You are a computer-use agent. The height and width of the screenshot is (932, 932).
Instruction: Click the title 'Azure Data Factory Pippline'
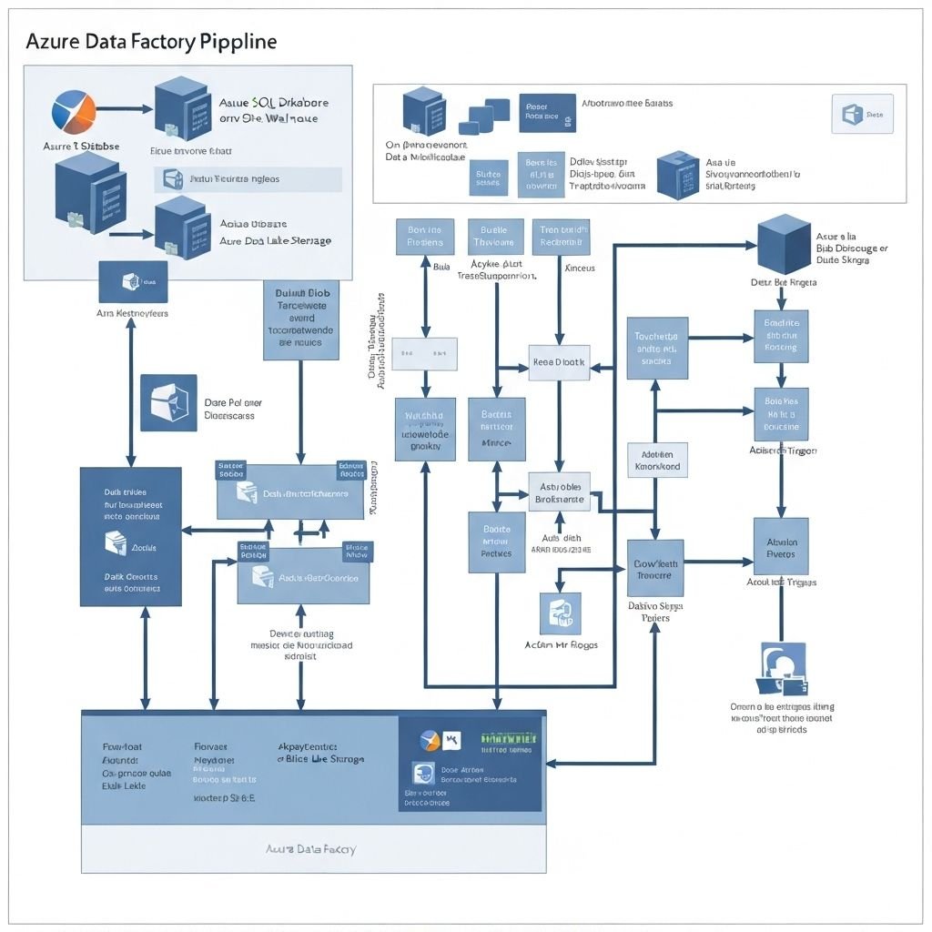tap(151, 42)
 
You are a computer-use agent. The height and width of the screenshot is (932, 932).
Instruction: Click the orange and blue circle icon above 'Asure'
tap(74, 113)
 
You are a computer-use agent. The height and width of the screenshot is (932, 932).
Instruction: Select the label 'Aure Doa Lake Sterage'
tap(275, 241)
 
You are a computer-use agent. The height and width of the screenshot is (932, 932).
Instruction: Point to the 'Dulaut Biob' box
tap(300, 319)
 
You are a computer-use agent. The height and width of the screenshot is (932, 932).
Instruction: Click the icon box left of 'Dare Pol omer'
tap(168, 402)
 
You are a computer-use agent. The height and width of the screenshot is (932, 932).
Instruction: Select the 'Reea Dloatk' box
tap(559, 362)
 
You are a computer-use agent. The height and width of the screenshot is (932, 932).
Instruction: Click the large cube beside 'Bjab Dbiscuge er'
tap(784, 245)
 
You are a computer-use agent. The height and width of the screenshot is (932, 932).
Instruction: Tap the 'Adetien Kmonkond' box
tap(657, 460)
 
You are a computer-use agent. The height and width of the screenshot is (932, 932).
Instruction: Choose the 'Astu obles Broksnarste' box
tap(559, 491)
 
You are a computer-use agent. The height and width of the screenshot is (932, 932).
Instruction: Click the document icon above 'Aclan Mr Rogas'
tap(560, 613)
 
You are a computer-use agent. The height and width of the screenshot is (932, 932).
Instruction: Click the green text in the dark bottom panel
tap(509, 738)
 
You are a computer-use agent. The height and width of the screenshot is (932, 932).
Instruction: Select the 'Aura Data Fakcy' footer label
tap(310, 848)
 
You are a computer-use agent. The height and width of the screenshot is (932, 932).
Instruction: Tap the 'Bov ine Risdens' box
tap(425, 237)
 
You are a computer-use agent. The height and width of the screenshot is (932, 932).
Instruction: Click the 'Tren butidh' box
tap(559, 237)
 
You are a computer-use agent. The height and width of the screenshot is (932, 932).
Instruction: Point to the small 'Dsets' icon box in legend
tap(862, 115)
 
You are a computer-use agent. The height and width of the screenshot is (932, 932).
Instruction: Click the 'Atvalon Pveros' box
tap(781, 547)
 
